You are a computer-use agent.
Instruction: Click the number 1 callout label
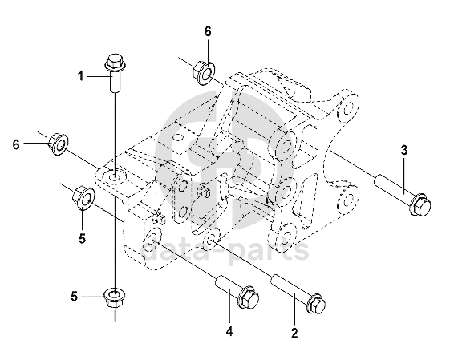[x=81, y=76]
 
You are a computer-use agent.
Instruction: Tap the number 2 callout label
[x=294, y=333]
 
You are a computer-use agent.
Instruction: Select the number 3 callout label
[x=404, y=150]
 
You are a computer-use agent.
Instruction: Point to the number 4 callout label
[x=229, y=332]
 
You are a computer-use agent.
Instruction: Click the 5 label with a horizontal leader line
[x=75, y=297]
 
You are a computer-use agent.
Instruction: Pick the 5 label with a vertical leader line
[x=83, y=238]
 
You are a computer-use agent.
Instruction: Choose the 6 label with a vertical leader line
[x=208, y=31]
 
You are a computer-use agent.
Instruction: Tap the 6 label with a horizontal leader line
[x=16, y=144]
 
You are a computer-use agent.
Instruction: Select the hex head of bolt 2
[x=317, y=304]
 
